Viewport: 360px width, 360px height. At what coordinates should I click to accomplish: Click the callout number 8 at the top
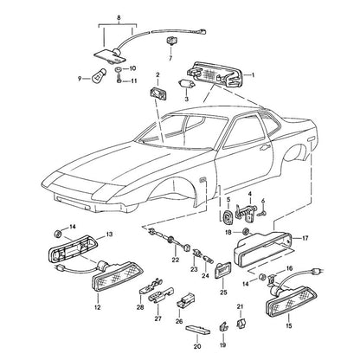tap(119, 18)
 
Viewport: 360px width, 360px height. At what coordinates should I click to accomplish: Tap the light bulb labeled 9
tap(97, 76)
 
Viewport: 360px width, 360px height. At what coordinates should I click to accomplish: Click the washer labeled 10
tap(118, 69)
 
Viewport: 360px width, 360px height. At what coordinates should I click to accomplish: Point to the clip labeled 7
tap(170, 41)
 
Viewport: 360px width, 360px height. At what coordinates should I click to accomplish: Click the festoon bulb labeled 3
tap(187, 85)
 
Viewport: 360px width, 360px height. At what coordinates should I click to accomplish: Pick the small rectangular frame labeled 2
tap(158, 93)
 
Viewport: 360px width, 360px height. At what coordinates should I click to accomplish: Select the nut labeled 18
tap(246, 231)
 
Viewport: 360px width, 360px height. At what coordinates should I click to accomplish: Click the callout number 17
tap(305, 238)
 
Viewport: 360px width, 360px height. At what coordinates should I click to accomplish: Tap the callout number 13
tap(109, 235)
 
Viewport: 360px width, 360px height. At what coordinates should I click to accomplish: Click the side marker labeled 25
tap(222, 271)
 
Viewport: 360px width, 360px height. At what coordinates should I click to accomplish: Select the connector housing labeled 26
tap(185, 299)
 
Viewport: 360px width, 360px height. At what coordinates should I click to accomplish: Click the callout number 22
tap(176, 260)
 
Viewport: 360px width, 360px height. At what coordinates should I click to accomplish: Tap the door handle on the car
tap(264, 148)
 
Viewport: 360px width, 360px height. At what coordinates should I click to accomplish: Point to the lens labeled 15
tap(291, 301)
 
